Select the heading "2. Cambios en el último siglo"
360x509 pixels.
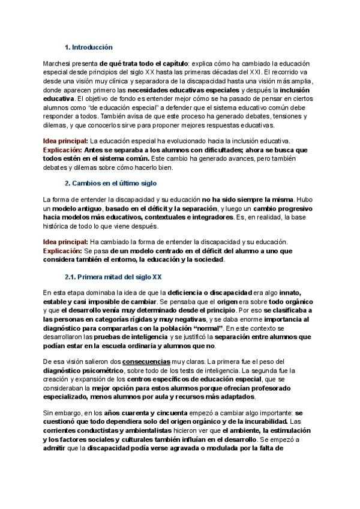(110, 182)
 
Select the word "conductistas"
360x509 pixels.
(91, 430)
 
